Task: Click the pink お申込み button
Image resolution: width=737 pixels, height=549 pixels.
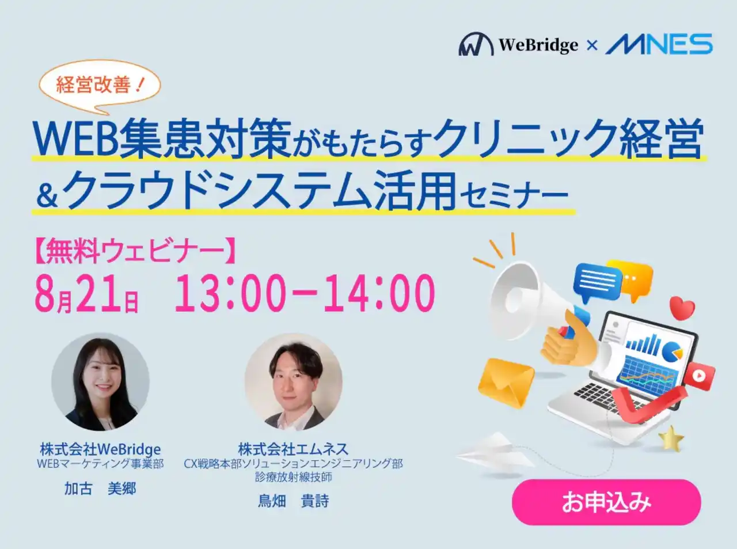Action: click(x=606, y=502)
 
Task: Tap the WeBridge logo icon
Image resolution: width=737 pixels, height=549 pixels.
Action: click(x=476, y=44)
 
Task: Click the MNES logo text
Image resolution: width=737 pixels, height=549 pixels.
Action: click(x=659, y=44)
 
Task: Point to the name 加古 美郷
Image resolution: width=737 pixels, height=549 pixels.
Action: click(x=100, y=489)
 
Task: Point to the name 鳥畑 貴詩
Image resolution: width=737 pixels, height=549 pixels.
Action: click(x=293, y=501)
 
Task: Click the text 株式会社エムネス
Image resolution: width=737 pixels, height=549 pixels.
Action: click(x=293, y=449)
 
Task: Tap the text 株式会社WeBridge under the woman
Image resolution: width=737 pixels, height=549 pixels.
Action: click(x=100, y=449)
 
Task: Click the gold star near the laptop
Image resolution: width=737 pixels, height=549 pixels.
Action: click(x=671, y=438)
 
